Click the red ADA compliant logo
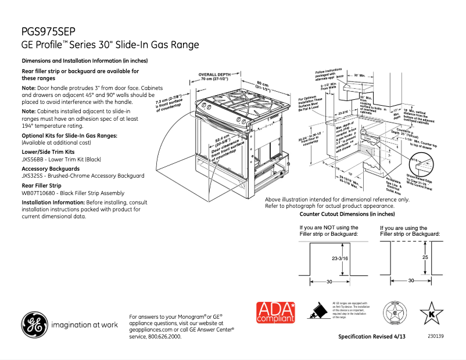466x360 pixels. point(276,312)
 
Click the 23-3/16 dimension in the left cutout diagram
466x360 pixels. point(340,258)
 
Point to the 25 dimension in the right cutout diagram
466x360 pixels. point(425,257)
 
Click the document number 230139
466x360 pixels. point(435,336)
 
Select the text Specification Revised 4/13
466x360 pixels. point(372,337)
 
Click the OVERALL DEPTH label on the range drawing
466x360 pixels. point(214,75)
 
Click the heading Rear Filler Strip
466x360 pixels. point(41,185)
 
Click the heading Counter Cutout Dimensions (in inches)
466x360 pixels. point(342,214)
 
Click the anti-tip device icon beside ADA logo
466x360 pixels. point(317,312)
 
